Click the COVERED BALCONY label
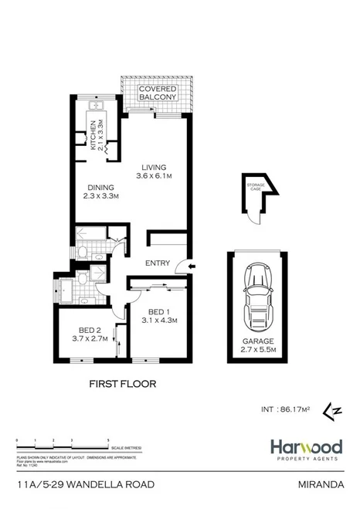click(x=157, y=94)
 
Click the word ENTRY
click(x=158, y=263)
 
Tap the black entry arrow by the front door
click(x=192, y=268)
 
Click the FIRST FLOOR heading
click(x=124, y=383)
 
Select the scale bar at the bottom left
click(x=62, y=443)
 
